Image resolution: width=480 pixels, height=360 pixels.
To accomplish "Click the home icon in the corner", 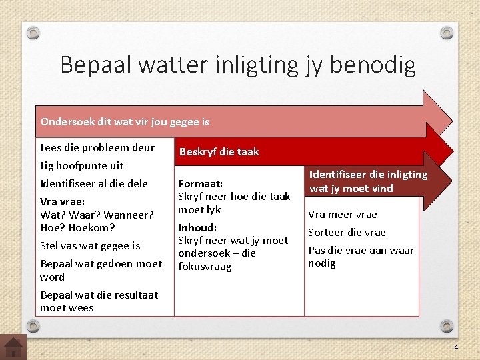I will click(13, 347).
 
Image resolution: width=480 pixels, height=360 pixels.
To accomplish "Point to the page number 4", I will click(456, 348).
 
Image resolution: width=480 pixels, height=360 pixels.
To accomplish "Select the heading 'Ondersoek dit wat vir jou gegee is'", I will click(125, 121).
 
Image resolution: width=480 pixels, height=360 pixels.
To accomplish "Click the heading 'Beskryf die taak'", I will click(219, 151).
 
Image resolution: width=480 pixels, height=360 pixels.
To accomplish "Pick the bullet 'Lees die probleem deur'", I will click(97, 147).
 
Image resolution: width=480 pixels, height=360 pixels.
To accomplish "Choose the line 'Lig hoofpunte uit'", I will click(82, 165).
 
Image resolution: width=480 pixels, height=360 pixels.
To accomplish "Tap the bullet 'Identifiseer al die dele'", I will click(94, 183).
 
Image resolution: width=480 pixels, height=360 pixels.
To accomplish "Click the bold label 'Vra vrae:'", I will click(62, 201).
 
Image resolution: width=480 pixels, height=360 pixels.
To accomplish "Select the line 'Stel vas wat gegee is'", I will click(90, 245).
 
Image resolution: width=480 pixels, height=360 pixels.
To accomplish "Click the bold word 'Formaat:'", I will click(200, 183).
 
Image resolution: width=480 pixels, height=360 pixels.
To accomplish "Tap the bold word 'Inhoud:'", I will click(197, 227).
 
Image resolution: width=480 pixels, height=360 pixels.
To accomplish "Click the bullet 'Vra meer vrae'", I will click(342, 214).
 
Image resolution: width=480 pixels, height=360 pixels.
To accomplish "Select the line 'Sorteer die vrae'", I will click(347, 232).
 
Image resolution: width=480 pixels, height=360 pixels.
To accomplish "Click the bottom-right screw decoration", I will click(447, 325).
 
